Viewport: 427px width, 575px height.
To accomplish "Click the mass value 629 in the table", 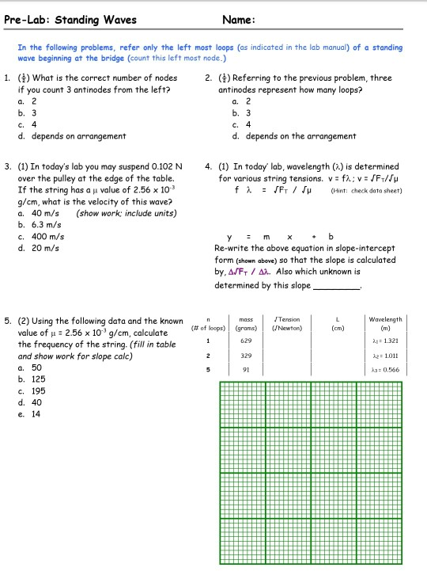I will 245,340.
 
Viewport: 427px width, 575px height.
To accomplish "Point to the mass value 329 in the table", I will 245,357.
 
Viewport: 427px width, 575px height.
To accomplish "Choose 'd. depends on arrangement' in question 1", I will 72,135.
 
